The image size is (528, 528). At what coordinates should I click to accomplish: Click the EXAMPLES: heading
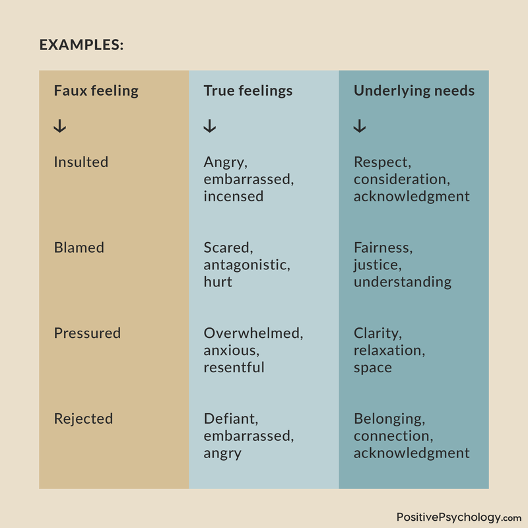81,45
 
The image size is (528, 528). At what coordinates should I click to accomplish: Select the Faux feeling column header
96,91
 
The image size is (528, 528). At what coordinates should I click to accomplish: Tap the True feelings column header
248,91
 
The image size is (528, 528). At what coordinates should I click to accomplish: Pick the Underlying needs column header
414,91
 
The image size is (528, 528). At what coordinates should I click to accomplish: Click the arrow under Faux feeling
60,126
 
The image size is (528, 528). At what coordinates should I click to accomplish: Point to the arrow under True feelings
210,126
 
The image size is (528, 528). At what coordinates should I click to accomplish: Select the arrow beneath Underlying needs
360,126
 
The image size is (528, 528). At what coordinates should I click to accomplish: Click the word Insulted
81,162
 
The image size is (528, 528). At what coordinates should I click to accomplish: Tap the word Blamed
79,247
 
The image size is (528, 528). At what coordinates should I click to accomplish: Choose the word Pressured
87,333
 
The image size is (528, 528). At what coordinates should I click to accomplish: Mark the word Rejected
84,419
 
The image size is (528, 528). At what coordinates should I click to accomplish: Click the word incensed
234,196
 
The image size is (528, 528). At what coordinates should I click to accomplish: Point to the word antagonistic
246,265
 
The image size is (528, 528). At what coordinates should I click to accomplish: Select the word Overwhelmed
252,333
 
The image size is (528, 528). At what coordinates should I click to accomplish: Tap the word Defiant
230,419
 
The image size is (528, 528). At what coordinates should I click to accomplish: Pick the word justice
376,265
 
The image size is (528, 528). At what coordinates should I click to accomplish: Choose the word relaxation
388,350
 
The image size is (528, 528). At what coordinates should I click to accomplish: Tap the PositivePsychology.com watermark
459,517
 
